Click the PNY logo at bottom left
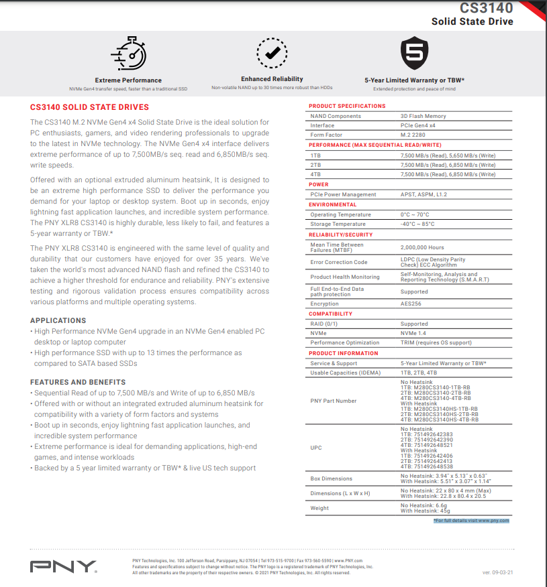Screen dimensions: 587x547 [63, 567]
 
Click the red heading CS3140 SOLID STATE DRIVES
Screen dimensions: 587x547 [89, 107]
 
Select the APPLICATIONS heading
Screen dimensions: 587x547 [58, 320]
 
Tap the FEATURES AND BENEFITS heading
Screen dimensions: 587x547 [78, 382]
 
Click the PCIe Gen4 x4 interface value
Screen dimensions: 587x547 [417, 125]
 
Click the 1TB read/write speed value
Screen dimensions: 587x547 [448, 155]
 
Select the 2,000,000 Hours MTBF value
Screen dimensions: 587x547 [422, 247]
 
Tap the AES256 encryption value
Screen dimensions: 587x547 [411, 304]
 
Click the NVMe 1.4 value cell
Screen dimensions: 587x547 [414, 333]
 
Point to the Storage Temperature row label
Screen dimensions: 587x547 [338, 224]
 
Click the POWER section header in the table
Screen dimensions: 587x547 [319, 184]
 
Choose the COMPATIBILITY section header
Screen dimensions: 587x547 [330, 314]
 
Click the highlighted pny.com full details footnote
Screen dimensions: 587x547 [471, 520]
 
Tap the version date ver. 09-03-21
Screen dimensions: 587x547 [498, 572]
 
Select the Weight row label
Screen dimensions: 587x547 [319, 508]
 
